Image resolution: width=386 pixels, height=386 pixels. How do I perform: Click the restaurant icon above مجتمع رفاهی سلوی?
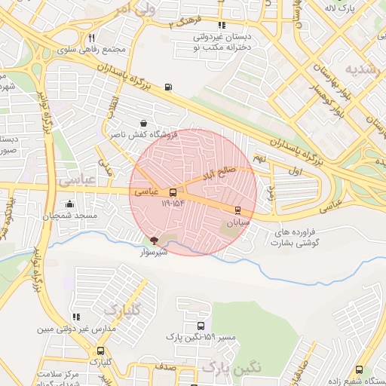(x=91, y=38)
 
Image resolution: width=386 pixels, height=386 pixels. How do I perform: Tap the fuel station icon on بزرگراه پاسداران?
(x=167, y=86)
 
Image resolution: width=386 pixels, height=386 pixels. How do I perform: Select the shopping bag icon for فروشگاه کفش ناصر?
(x=144, y=123)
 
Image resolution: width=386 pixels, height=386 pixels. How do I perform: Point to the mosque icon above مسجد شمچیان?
(x=70, y=204)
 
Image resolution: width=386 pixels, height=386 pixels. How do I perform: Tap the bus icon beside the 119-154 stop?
(x=173, y=192)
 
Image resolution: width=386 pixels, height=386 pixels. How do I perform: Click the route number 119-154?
(x=173, y=203)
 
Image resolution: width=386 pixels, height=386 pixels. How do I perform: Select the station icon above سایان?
(x=238, y=210)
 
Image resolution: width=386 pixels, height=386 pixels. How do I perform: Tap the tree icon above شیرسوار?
(x=155, y=240)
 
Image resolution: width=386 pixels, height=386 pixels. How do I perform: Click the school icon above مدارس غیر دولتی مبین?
(x=75, y=317)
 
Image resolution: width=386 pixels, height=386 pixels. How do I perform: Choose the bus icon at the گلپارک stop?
(x=100, y=351)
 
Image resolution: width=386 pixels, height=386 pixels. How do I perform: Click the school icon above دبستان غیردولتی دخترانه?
(x=220, y=23)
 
